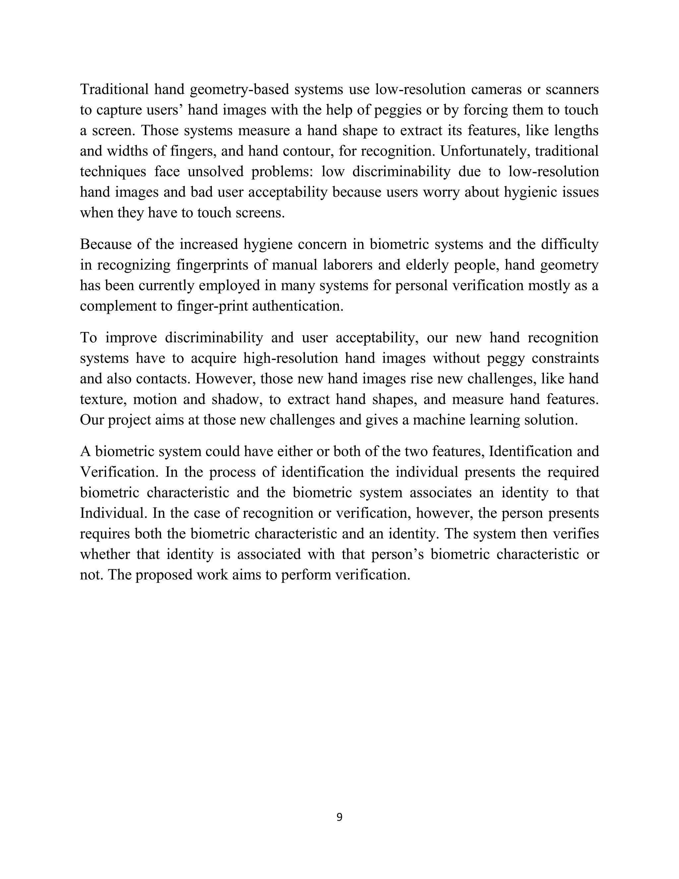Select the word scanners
[572, 89]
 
